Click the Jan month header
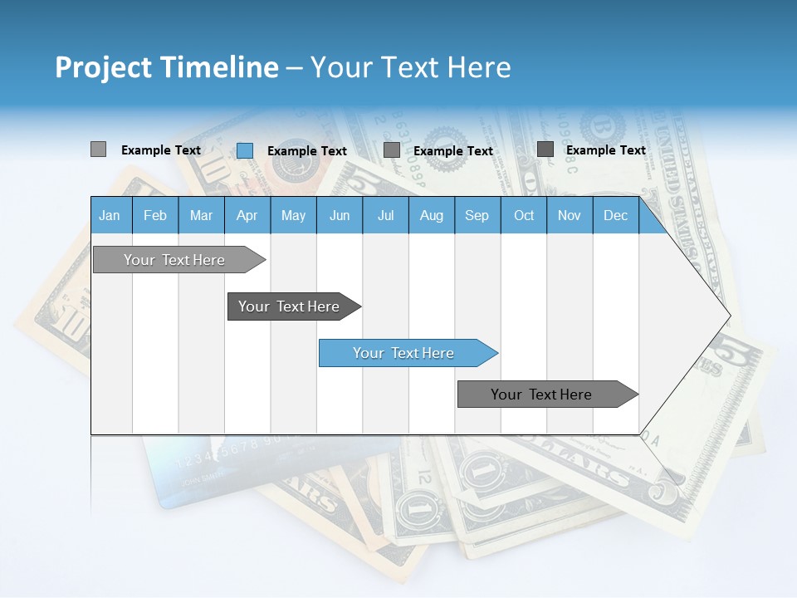point(110,215)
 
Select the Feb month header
point(155,215)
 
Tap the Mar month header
point(201,215)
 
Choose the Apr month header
point(247,215)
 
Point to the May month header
point(293,215)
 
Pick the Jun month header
point(340,215)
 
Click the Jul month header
point(385,215)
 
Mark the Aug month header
point(431,215)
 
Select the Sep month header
point(477,215)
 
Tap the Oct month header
point(524,215)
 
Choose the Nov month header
point(570,215)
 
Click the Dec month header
point(615,215)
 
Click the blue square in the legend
point(245,150)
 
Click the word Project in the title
point(102,67)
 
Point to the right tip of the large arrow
point(729,316)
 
